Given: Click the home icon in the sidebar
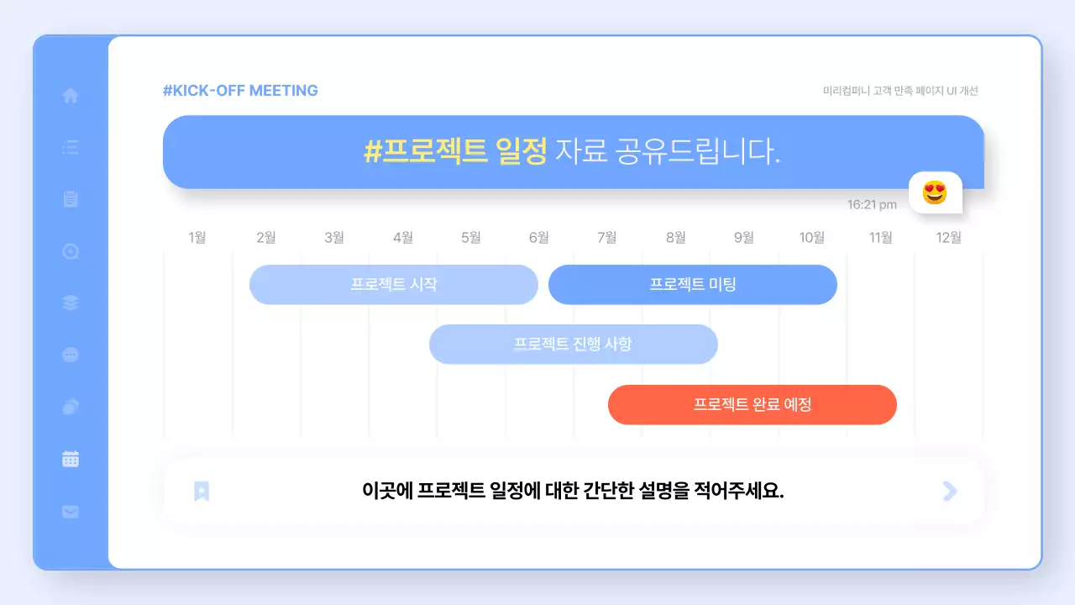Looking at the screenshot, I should point(71,96).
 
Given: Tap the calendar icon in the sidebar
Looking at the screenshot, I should point(71,459).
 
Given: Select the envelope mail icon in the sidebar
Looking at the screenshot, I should point(71,511).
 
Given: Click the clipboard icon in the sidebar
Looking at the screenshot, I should point(71,199).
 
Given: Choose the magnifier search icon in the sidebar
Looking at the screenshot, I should point(71,251).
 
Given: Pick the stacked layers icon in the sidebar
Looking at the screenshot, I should point(71,303).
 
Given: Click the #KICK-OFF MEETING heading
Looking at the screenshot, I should point(240,91).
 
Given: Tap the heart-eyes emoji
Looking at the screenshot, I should point(935,193).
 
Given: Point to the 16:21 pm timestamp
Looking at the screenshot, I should point(872,205).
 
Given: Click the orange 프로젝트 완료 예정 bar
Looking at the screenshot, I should point(752,405).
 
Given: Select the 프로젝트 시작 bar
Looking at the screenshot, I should point(393,284).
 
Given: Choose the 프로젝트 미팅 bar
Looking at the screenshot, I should point(693,284).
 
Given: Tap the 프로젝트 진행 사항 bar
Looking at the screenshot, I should point(573,345).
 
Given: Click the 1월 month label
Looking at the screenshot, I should point(197,238).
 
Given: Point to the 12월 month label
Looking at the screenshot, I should point(949,238).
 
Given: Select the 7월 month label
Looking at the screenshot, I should point(607,238).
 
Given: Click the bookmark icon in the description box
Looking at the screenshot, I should point(202,492).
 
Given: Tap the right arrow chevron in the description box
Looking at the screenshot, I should point(950,492).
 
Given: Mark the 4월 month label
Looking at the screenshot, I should point(403,238).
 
